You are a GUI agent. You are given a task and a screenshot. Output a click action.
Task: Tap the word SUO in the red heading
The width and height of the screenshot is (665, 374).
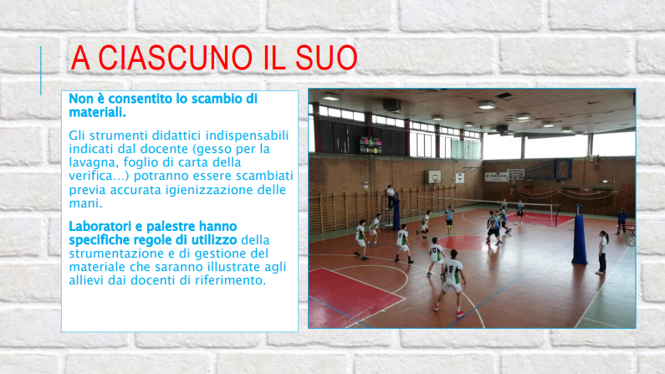326,58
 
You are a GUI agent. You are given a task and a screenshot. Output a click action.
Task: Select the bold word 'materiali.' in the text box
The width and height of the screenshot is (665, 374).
98,112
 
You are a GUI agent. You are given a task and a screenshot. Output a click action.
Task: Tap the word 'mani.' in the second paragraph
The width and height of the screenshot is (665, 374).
85,203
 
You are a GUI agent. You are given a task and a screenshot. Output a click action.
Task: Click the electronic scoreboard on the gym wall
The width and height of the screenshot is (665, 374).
371,145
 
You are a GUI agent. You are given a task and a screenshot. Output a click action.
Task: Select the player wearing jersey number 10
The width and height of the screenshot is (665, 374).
435,257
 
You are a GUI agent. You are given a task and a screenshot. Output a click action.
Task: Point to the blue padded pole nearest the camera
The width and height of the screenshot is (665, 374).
580,234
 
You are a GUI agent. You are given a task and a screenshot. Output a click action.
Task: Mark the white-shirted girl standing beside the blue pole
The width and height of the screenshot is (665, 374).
602,252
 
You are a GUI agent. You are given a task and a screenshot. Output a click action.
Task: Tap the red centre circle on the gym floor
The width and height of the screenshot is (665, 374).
463,243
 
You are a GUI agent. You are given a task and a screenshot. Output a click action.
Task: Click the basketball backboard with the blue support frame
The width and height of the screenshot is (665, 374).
516,174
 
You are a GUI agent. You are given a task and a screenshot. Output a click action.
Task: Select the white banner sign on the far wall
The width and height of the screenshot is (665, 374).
496,177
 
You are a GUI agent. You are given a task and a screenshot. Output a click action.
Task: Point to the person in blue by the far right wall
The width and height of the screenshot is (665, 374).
622,221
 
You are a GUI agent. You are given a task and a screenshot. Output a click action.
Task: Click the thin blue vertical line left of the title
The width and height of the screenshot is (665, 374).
41,70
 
